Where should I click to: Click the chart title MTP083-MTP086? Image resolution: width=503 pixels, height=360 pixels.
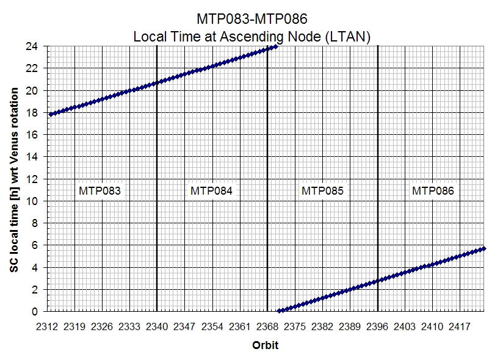(x=251, y=20)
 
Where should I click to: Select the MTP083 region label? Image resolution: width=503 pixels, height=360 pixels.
(x=100, y=190)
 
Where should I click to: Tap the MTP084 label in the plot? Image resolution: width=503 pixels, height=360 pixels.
(x=211, y=190)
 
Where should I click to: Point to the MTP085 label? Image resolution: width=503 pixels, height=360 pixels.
(x=322, y=190)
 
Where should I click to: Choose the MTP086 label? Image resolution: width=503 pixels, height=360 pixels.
(x=433, y=190)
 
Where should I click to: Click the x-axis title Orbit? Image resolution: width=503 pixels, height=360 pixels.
(x=266, y=345)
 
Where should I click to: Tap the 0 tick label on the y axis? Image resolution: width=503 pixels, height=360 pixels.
(x=38, y=311)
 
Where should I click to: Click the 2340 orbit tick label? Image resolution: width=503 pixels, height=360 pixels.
(x=157, y=326)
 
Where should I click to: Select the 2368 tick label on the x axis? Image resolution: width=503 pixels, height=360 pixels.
(x=267, y=326)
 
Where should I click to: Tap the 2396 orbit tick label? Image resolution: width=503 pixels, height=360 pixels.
(x=378, y=326)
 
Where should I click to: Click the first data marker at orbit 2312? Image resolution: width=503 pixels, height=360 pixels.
(x=51, y=114)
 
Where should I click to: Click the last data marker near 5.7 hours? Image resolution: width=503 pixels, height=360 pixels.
(x=483, y=248)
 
